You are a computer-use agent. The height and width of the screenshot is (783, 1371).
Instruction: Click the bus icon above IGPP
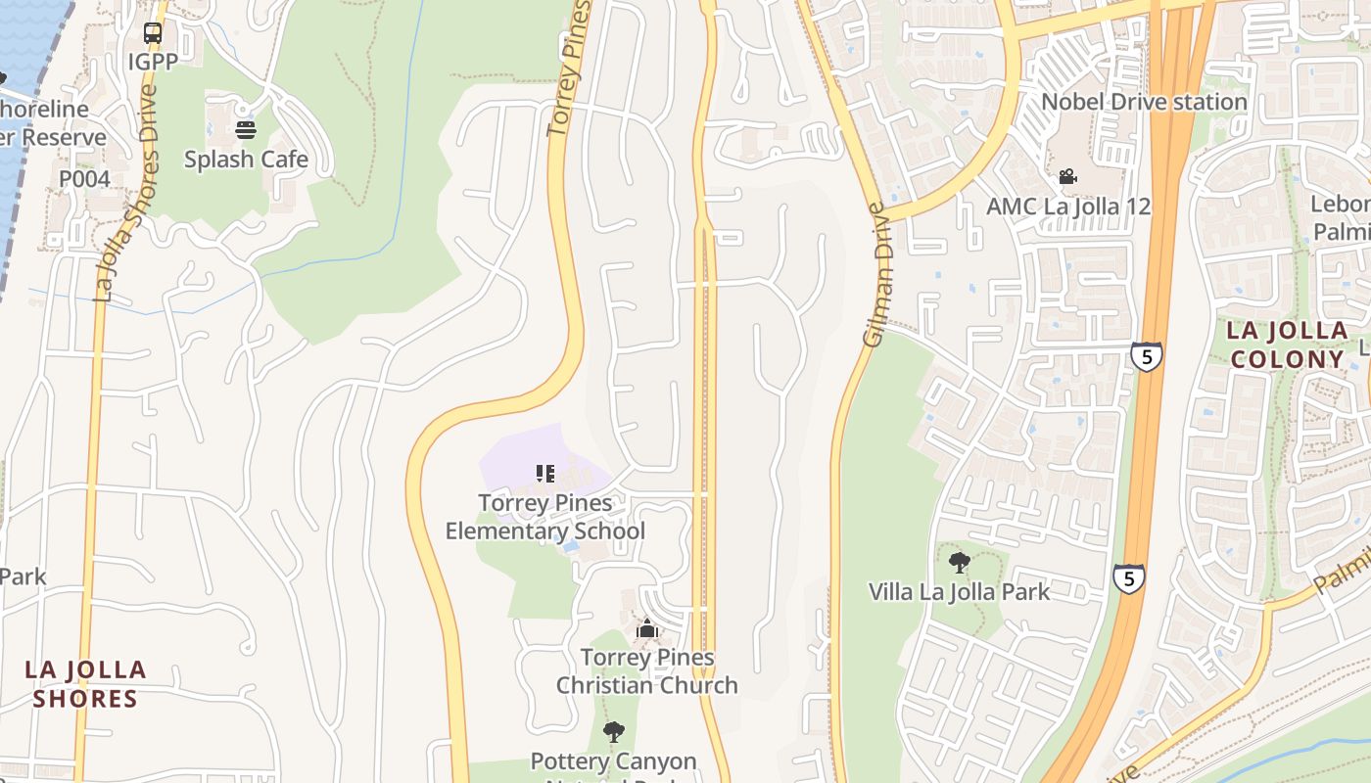153,33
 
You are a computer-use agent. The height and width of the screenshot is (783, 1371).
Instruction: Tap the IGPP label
153,62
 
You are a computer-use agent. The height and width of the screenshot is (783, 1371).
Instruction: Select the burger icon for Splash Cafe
246,130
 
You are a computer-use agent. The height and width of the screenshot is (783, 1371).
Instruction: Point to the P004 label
84,179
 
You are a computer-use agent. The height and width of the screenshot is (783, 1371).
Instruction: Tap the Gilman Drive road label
874,274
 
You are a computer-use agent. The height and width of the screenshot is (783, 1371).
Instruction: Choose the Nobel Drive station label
1143,102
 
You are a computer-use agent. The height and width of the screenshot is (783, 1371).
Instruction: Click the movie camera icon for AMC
1067,177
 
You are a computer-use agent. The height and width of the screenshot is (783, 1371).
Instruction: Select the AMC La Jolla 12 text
1067,207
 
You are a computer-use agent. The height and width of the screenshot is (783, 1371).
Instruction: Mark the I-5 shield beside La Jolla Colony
1146,356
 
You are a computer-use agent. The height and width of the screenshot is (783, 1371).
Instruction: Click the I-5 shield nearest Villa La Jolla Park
1128,578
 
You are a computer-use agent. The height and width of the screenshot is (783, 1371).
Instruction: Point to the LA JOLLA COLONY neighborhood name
1287,345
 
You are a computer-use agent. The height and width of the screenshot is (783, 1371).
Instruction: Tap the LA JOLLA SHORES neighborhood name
85,684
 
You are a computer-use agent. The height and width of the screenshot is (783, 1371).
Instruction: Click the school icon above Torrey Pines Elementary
545,475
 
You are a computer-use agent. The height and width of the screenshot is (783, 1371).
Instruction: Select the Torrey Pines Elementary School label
545,517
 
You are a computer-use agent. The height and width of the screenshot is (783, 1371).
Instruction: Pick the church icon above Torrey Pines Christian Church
646,629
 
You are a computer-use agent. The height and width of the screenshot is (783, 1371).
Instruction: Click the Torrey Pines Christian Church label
646,671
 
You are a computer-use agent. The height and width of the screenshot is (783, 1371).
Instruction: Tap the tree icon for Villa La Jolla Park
960,563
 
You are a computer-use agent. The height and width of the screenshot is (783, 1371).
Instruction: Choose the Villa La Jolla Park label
959,592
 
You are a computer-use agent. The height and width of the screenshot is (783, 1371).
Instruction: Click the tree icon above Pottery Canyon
614,732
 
